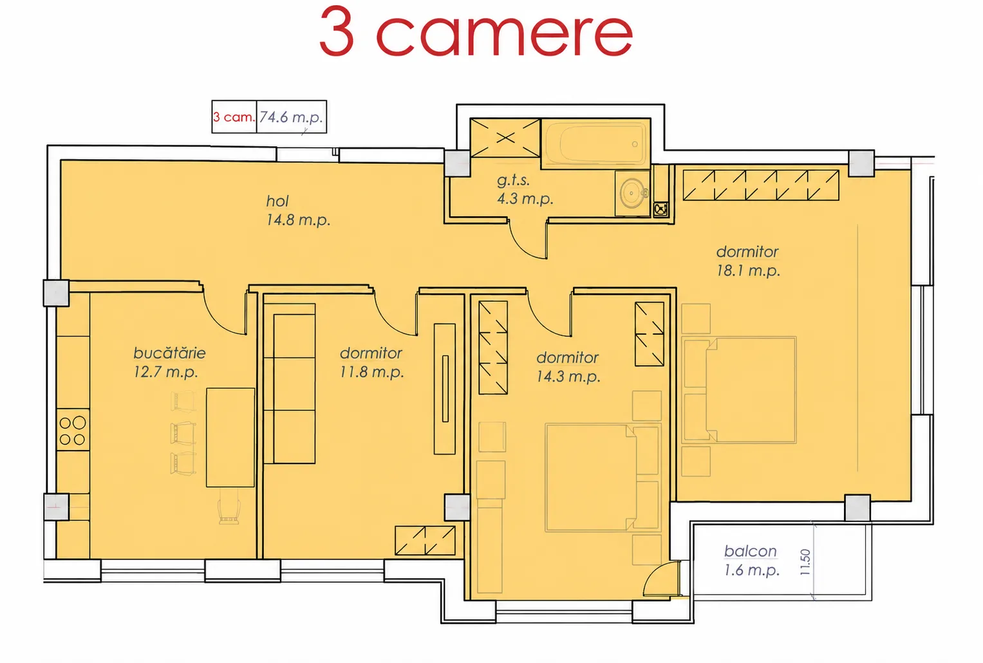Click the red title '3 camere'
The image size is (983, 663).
476,32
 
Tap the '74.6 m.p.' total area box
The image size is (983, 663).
292,117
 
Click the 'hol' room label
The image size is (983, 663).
277,201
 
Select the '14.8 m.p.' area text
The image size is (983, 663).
298,219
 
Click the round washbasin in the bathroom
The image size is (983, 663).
632,193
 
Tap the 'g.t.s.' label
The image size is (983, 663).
513,180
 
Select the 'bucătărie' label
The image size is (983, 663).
169,353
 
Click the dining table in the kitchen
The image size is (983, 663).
230,437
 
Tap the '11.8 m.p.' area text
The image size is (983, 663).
371,372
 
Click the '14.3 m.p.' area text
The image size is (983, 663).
568,377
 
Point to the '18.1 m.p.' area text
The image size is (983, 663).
748,270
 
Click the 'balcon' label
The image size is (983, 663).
751,551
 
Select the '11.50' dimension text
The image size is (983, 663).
805,562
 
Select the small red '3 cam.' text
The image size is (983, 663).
234,117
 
